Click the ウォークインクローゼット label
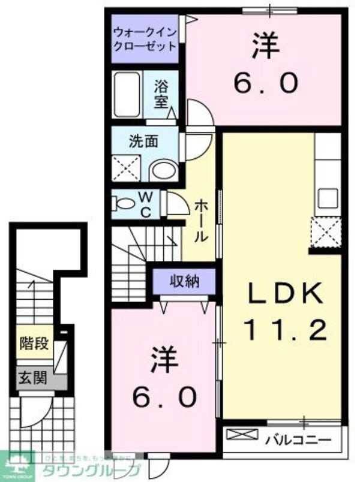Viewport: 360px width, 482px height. (x=145, y=38)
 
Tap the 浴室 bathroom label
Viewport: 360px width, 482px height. (x=161, y=94)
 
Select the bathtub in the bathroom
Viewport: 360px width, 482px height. (x=127, y=97)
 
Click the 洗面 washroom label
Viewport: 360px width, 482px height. (x=144, y=141)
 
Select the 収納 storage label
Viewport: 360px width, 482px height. (x=184, y=280)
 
